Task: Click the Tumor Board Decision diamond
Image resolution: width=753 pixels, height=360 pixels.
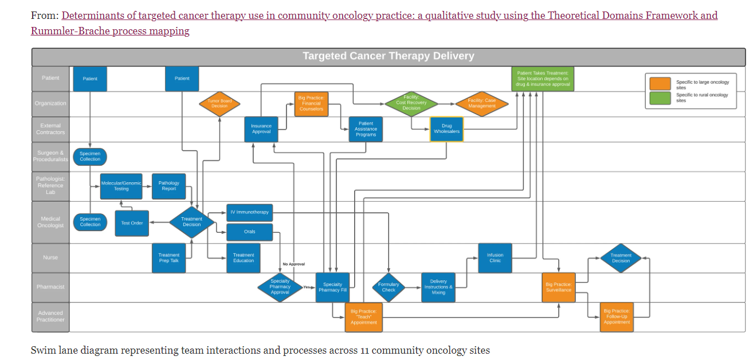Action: (219, 104)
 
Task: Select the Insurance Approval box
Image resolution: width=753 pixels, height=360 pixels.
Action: (261, 129)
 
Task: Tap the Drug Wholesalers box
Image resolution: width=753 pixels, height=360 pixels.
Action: (446, 129)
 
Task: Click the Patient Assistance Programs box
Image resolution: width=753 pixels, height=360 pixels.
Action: (366, 129)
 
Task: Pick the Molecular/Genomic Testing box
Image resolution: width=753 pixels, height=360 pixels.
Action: (121, 186)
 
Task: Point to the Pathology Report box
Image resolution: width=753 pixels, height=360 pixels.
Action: (169, 186)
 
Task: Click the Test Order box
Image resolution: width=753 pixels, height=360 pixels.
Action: (132, 223)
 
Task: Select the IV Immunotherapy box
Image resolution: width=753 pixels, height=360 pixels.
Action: (249, 213)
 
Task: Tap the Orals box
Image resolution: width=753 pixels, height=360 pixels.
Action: (249, 232)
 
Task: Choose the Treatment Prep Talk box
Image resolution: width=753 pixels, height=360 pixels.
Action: (168, 258)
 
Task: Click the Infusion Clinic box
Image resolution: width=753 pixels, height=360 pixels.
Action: (495, 258)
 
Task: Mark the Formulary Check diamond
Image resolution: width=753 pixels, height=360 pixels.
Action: (389, 287)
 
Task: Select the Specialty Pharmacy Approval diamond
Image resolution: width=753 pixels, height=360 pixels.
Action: (280, 287)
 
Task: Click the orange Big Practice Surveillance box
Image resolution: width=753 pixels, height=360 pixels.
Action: (558, 287)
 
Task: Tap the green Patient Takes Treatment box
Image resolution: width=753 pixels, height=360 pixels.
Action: (543, 79)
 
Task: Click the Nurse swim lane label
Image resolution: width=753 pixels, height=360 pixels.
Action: (50, 258)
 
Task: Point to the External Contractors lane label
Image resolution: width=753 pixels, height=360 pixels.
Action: (50, 129)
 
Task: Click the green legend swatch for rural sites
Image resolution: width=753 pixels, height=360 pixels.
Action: (660, 98)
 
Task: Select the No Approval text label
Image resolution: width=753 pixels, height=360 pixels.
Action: (293, 264)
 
